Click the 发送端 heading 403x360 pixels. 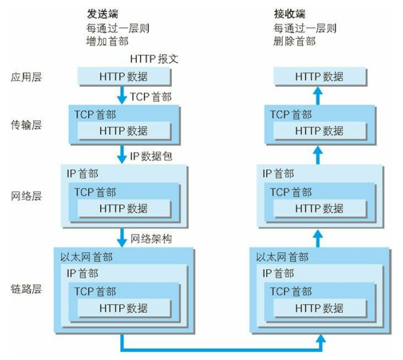point(103,13)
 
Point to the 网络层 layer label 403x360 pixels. point(26,196)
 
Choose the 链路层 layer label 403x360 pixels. point(26,289)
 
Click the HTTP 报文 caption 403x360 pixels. point(153,59)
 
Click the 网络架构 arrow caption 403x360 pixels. point(151,239)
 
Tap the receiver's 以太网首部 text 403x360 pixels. point(282,258)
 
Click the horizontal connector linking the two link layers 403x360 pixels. point(221,349)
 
